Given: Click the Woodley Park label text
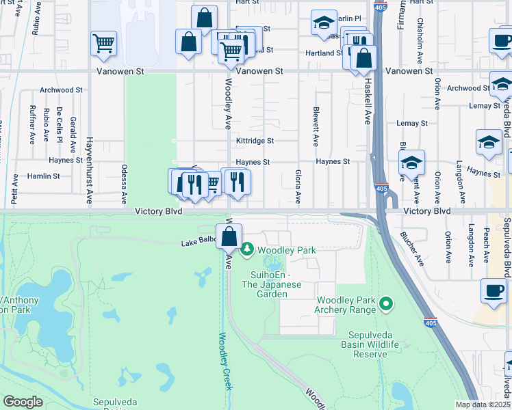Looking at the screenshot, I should point(286,250).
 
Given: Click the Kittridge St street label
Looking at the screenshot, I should point(255,141).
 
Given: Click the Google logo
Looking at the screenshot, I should point(23,402).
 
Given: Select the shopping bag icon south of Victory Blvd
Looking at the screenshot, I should point(229,238).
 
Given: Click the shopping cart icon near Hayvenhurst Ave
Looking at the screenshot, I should point(103,44).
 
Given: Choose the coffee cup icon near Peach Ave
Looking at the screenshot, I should point(494,290).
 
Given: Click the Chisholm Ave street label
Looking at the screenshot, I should point(420,33).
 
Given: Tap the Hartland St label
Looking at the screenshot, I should point(324,53).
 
